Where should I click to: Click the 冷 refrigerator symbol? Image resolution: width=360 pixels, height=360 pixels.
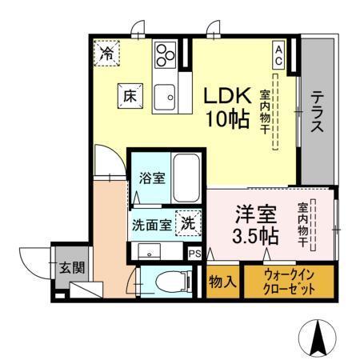click(106, 54)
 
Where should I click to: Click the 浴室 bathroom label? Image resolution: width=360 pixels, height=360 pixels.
click(152, 177)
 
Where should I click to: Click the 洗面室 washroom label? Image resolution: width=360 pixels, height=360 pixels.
click(151, 223)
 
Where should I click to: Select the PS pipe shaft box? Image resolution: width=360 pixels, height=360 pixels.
click(194, 254)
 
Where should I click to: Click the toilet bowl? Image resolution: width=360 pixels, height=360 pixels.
click(170, 280)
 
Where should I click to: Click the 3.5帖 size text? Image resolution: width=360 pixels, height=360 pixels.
click(256, 237)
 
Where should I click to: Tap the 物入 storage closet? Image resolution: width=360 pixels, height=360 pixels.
click(222, 282)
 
